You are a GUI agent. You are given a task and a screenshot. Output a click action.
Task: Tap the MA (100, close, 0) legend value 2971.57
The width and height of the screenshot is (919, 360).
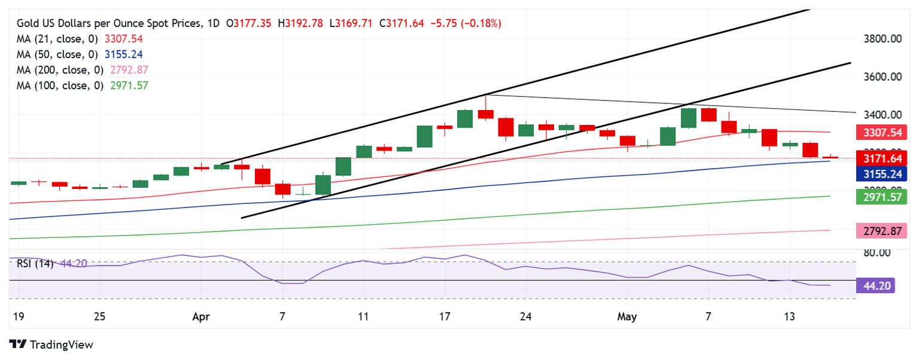[126, 86]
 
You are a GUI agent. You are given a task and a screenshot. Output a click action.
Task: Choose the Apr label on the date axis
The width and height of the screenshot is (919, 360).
[202, 316]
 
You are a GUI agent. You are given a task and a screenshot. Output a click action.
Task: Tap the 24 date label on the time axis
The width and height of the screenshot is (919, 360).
[527, 316]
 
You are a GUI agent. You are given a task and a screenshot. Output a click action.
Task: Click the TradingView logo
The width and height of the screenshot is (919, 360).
[52, 345]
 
